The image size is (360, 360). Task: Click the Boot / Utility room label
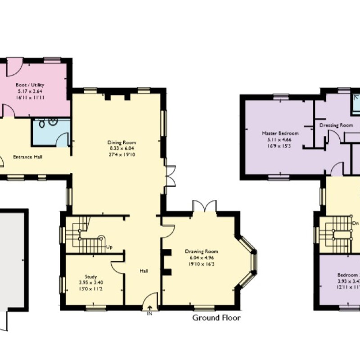(30, 84)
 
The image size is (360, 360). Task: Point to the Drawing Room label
(202, 251)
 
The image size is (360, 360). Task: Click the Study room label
(91, 276)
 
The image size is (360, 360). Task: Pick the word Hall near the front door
(144, 271)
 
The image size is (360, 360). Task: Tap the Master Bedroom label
(280, 133)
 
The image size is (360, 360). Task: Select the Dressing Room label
(336, 126)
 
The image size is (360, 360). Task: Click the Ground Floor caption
(216, 318)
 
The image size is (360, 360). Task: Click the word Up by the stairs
(109, 247)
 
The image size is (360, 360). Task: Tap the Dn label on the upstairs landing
(355, 223)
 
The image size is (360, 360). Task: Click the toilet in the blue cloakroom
(41, 122)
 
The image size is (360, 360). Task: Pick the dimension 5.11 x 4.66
(280, 139)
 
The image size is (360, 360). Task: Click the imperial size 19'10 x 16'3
(202, 264)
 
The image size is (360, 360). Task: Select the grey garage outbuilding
(12, 259)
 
